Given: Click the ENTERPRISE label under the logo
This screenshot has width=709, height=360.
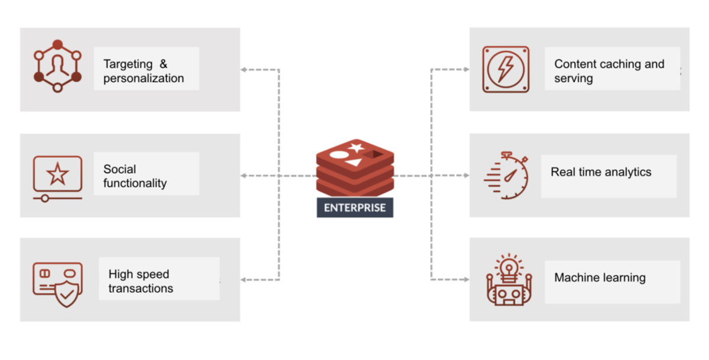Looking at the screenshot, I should (354, 208).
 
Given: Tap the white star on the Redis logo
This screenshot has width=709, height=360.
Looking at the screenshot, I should (356, 147).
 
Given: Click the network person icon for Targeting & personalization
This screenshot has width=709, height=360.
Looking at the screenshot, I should (57, 66).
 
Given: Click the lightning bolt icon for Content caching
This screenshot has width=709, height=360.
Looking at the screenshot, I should (506, 69).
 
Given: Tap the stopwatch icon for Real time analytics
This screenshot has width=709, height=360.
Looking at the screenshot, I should (505, 175).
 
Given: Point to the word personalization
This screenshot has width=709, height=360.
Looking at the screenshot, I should (144, 79).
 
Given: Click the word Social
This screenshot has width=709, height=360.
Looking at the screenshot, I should (120, 169).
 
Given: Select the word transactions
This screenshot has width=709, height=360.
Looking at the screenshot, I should (141, 289).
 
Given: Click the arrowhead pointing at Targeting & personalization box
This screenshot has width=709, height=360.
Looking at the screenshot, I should (243, 70).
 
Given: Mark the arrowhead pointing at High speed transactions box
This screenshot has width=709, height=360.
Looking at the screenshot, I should (243, 280).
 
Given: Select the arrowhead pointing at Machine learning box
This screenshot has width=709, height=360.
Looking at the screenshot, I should (466, 280).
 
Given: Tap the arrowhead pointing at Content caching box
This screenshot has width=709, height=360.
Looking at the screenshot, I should (466, 70).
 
